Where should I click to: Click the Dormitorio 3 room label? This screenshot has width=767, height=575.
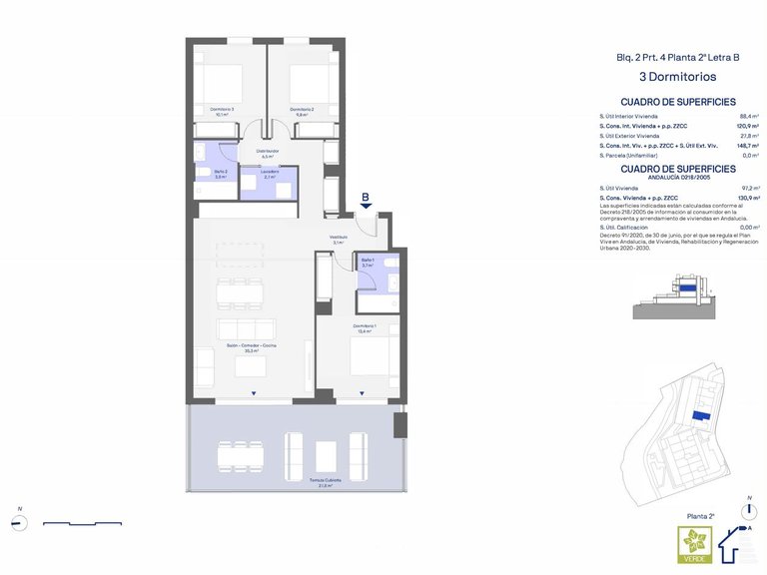click(x=221, y=111)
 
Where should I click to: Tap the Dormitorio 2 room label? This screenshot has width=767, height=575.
click(x=302, y=111)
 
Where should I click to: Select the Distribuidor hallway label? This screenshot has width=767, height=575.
click(x=267, y=153)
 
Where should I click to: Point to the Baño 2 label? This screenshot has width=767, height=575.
click(x=221, y=174)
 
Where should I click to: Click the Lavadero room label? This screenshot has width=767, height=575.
click(x=270, y=174)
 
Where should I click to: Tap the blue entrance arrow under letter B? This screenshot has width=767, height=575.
click(x=366, y=206)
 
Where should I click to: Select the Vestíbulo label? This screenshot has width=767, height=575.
click(x=340, y=239)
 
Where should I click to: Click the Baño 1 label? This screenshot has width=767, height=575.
click(x=367, y=264)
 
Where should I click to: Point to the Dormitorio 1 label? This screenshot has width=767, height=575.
click(x=364, y=328)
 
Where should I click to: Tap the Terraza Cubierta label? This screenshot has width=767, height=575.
click(x=326, y=481)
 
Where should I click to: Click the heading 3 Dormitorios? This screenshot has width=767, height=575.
click(x=678, y=75)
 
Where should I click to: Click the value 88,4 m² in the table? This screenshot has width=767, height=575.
click(x=749, y=116)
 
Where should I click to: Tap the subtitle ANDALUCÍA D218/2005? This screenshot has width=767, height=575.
click(x=678, y=178)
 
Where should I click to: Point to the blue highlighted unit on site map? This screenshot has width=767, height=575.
click(x=702, y=414)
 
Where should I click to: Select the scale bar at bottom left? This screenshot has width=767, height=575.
click(x=82, y=523)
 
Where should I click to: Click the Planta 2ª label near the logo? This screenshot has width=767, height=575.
click(x=701, y=516)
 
